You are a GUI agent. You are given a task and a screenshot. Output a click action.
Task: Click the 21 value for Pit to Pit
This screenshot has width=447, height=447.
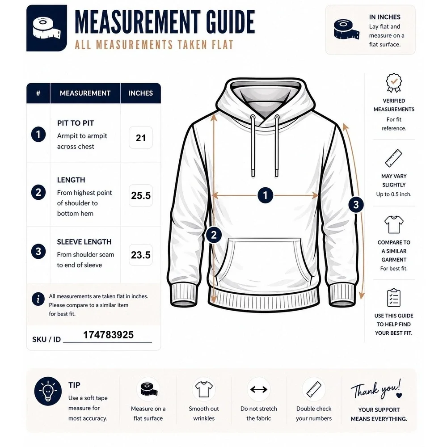(x=141, y=138)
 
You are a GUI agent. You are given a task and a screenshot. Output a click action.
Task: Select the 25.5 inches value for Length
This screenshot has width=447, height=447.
(x=141, y=196)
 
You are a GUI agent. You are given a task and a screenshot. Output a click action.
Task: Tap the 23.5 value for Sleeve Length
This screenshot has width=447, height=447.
(x=140, y=255)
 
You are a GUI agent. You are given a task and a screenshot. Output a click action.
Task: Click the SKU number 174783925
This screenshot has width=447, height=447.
(x=108, y=335)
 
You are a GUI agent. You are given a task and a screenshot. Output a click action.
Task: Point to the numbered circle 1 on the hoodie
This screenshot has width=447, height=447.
(x=266, y=195)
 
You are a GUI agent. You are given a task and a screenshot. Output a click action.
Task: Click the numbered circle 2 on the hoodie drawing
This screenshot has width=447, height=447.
(x=214, y=235)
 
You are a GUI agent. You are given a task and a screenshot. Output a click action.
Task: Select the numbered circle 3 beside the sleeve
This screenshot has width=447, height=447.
(x=356, y=205)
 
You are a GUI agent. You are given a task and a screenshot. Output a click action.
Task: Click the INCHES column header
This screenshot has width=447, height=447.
(x=140, y=93)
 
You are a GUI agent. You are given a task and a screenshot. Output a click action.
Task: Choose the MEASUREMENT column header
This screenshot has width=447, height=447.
(x=85, y=93)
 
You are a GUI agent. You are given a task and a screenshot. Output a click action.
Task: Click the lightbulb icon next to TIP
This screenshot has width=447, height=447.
(x=48, y=391)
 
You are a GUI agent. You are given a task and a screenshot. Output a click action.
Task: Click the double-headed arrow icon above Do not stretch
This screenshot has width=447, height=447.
(x=259, y=389)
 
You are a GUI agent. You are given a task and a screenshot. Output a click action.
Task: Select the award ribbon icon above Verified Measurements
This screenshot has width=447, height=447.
(x=394, y=83)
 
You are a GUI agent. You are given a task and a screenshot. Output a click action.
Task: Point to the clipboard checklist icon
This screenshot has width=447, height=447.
(x=394, y=298)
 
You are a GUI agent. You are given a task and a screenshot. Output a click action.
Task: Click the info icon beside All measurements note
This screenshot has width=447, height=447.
(x=38, y=299)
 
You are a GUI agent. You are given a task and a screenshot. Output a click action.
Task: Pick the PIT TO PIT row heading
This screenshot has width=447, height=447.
(x=76, y=123)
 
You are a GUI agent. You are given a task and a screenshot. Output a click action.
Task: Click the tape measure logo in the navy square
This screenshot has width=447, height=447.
(x=47, y=28)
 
